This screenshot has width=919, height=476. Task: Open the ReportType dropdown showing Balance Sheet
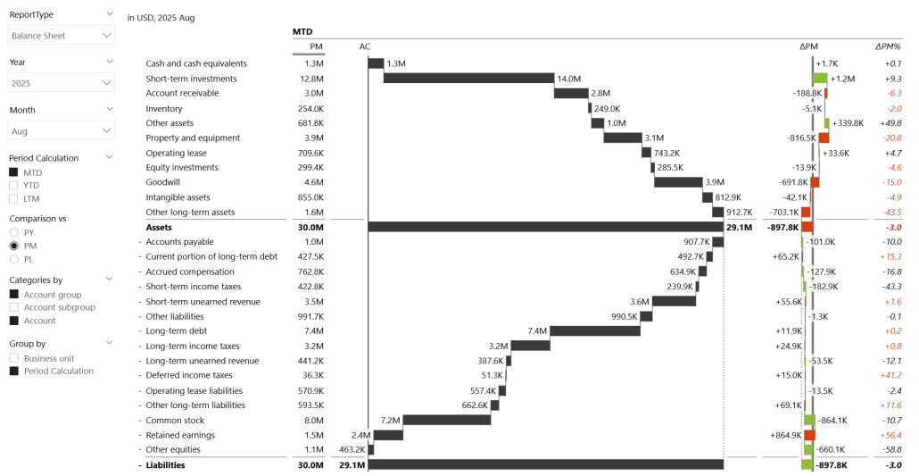61,36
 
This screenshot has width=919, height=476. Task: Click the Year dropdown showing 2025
61,82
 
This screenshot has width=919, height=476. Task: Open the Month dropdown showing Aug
61,130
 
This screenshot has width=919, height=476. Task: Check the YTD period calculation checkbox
13,185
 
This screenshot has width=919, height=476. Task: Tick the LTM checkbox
13,198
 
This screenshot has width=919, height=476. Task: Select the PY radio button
13,232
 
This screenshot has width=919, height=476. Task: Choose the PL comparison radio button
13,259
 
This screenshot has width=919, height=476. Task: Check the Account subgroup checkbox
13,307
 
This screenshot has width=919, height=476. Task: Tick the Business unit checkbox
13,358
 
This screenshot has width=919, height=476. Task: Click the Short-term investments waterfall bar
468,79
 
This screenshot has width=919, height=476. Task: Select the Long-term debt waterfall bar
595,331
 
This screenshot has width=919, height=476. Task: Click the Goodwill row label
163,182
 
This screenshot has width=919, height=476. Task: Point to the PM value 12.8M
310,79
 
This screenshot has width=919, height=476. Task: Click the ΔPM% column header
887,46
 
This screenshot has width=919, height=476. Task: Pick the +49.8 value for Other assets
888,123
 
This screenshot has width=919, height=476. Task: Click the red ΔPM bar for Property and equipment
824,138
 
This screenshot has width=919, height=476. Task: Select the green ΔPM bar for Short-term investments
819,79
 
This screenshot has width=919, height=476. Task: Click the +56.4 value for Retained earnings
888,435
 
